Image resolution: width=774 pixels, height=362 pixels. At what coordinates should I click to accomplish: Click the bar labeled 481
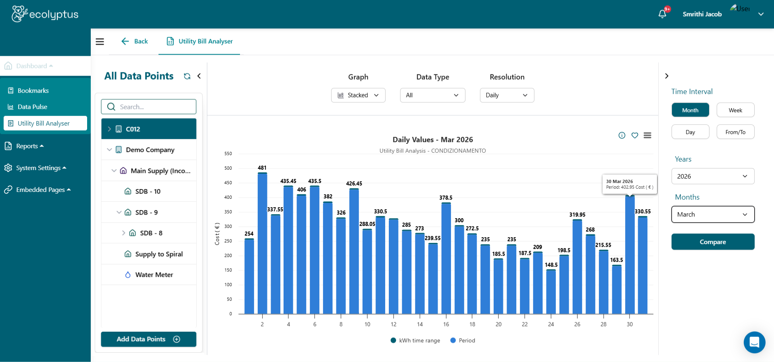click(x=262, y=242)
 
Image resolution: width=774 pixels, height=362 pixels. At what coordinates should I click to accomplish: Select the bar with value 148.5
click(x=551, y=291)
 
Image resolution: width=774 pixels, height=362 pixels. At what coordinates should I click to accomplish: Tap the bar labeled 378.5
click(x=446, y=259)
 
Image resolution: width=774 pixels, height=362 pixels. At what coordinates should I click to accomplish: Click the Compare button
click(x=713, y=242)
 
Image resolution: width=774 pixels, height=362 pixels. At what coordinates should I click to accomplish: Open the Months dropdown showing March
click(x=713, y=215)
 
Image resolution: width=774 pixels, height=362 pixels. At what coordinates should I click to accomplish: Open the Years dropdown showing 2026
click(x=713, y=176)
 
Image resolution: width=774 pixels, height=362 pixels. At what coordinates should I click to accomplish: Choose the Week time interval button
click(x=735, y=110)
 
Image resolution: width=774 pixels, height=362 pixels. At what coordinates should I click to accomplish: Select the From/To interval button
click(x=735, y=132)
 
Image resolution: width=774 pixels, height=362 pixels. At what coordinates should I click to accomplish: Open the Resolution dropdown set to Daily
click(x=507, y=95)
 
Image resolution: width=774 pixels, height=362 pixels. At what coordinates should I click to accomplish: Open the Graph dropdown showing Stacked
click(x=358, y=95)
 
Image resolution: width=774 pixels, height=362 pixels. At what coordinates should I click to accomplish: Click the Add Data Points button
click(x=148, y=339)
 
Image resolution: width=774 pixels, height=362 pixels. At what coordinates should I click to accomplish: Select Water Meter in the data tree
click(x=154, y=275)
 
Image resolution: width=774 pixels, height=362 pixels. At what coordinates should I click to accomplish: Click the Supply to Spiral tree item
click(x=159, y=254)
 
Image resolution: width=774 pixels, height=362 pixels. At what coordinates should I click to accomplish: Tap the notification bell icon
click(x=662, y=14)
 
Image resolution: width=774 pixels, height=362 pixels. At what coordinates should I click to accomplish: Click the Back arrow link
click(x=135, y=41)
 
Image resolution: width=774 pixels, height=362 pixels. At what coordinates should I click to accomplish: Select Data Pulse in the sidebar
click(x=32, y=107)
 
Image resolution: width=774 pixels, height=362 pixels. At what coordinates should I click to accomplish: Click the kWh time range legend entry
click(x=415, y=341)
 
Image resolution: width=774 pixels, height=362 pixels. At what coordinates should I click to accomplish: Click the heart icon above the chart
click(x=635, y=135)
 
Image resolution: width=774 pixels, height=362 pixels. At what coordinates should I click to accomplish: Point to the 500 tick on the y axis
click(x=228, y=168)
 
